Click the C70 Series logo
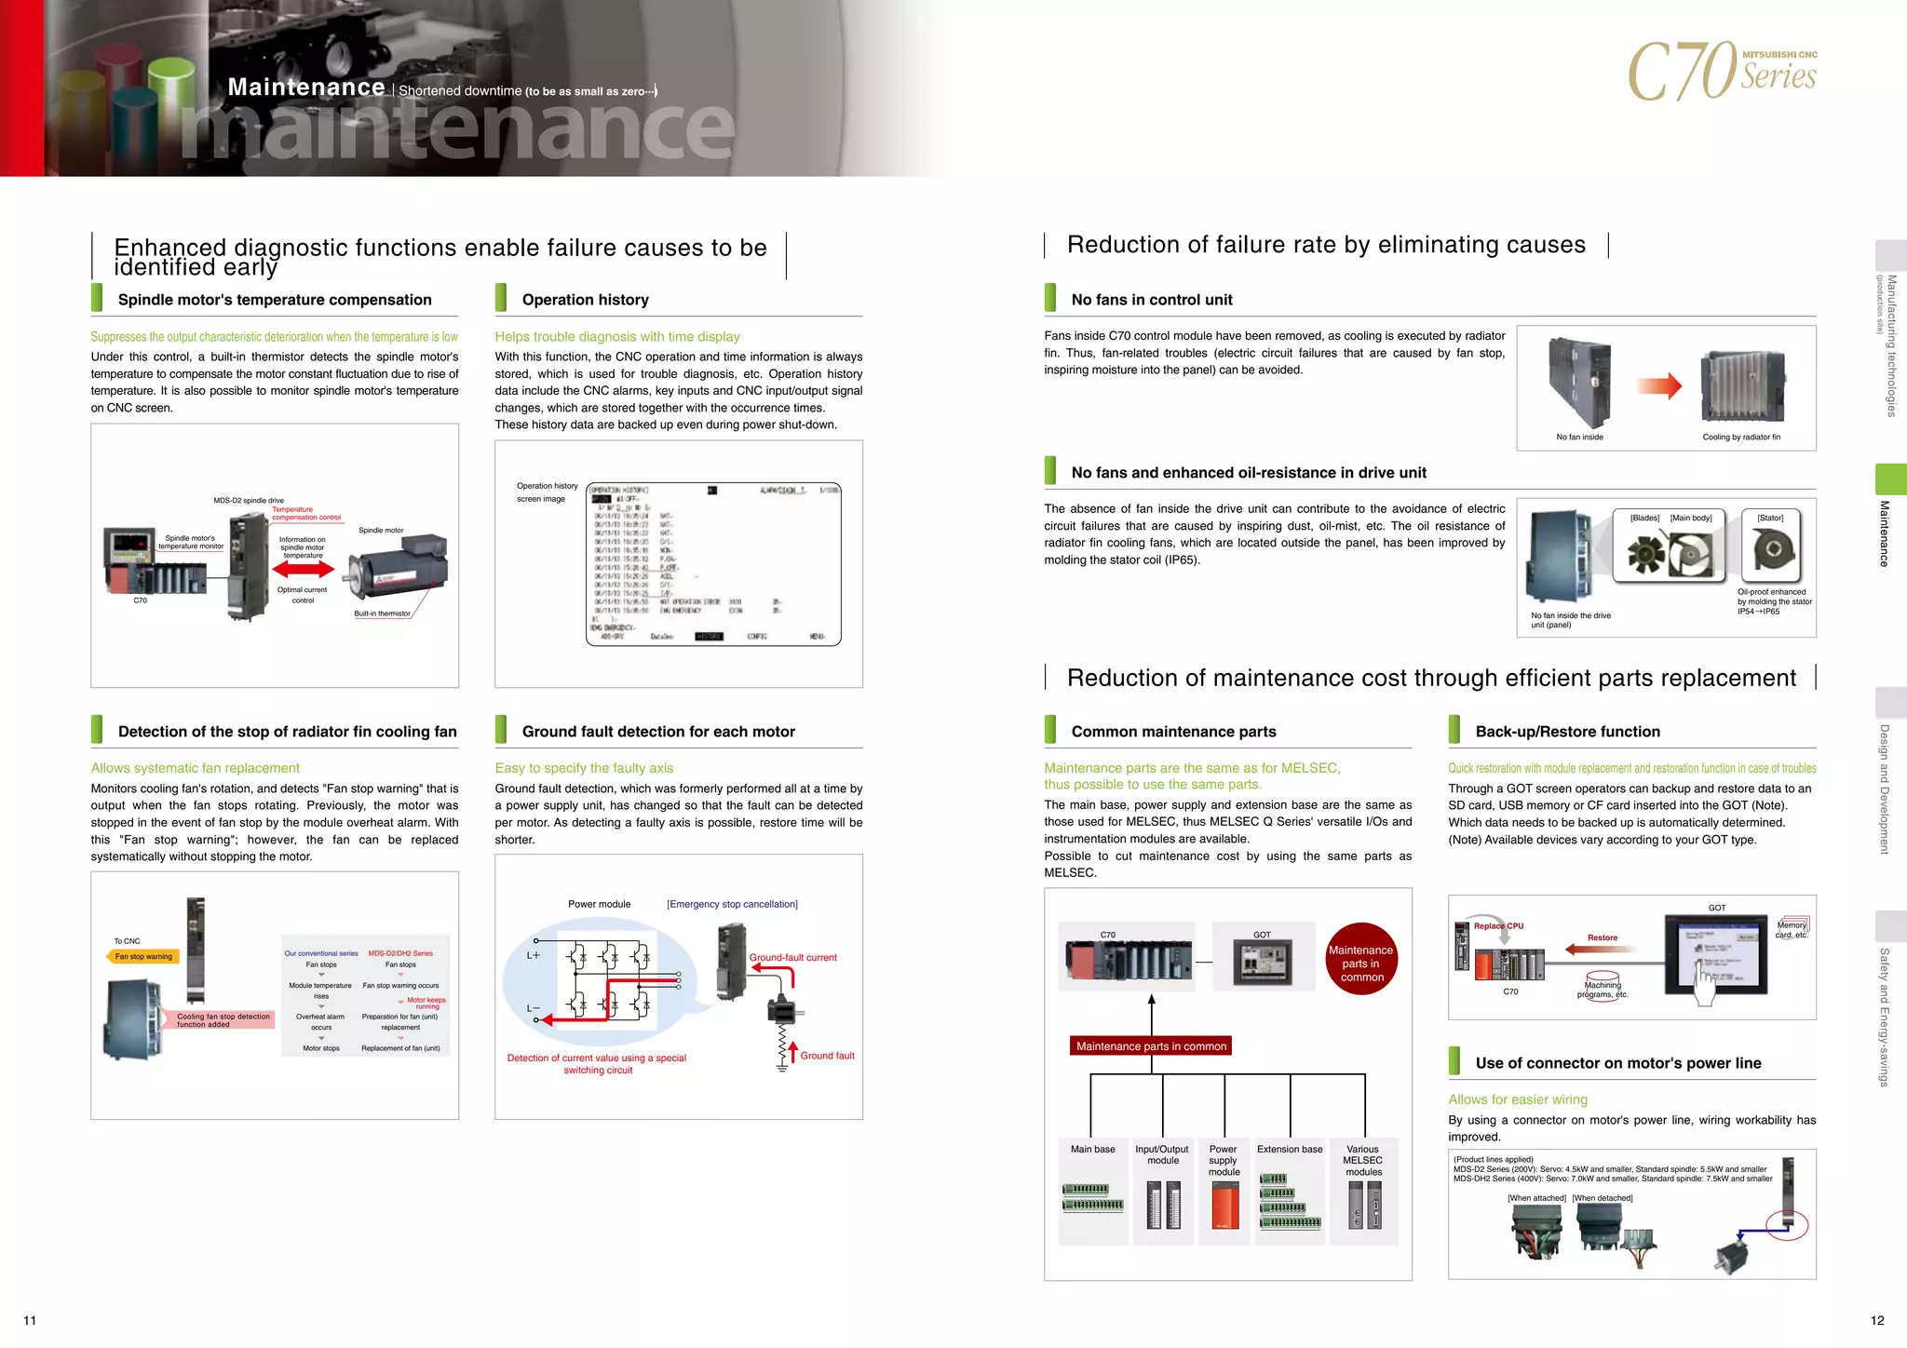(x=1722, y=71)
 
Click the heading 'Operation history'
(x=585, y=300)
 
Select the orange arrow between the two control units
(x=1659, y=385)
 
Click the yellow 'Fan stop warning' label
(x=143, y=956)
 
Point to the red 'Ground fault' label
(x=827, y=1056)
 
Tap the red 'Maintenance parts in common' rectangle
(x=1151, y=1046)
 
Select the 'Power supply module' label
(x=1224, y=1160)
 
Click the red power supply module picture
(x=1224, y=1206)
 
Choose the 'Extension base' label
(x=1290, y=1149)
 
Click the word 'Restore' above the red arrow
(x=1603, y=937)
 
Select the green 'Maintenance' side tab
(x=1890, y=479)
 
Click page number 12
(x=1877, y=1320)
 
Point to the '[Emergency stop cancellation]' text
(x=732, y=904)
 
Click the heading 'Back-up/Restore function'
(x=1567, y=732)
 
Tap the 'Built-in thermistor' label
(x=382, y=613)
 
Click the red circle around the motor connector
(x=1787, y=1224)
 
